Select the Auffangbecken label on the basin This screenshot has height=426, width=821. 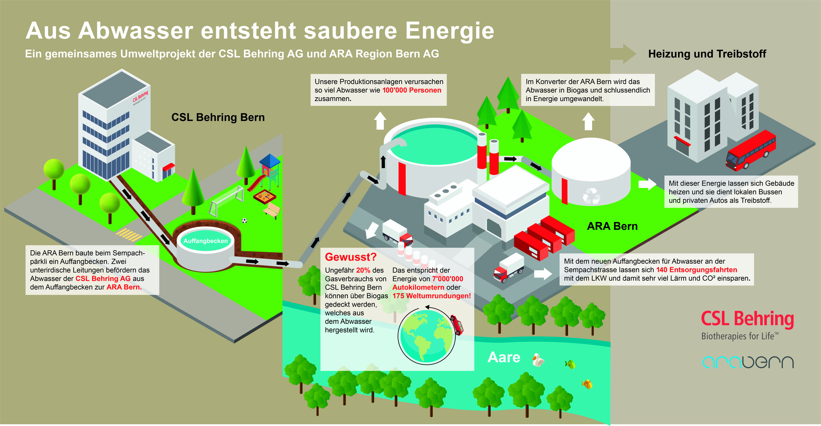206,241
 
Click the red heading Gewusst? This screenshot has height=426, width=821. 351,257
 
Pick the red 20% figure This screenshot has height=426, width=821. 363,270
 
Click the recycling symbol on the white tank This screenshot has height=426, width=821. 591,196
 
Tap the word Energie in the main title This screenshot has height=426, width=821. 449,31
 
